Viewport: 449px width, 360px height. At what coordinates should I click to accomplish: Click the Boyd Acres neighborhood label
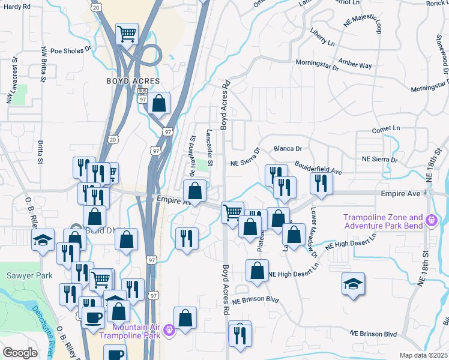pyautogui.click(x=133, y=81)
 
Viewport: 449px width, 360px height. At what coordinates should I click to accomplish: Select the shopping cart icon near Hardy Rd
pyautogui.click(x=127, y=34)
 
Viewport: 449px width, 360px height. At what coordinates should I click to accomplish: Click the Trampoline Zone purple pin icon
pyautogui.click(x=431, y=221)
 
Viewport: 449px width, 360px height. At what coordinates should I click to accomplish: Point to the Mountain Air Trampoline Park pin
pyautogui.click(x=169, y=329)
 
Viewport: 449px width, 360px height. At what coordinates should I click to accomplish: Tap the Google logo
pyautogui.click(x=20, y=353)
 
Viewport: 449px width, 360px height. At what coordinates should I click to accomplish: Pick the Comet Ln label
pyautogui.click(x=386, y=128)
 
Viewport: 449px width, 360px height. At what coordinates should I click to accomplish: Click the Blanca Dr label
pyautogui.click(x=287, y=148)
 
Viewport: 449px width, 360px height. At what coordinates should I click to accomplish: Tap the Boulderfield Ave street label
pyautogui.click(x=318, y=167)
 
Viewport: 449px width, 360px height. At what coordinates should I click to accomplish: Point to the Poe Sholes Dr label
pyautogui.click(x=70, y=50)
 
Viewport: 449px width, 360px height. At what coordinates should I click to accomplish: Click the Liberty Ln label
pyautogui.click(x=322, y=36)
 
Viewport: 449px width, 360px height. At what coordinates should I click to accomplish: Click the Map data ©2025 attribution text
pyautogui.click(x=423, y=355)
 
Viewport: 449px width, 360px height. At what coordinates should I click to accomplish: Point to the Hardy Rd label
pyautogui.click(x=17, y=6)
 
